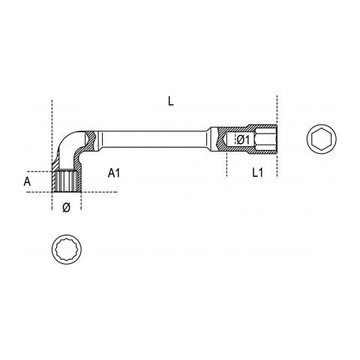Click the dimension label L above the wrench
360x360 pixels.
pyautogui.click(x=171, y=101)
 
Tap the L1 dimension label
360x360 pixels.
pyautogui.click(x=257, y=172)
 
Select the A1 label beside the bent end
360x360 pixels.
pyautogui.click(x=114, y=173)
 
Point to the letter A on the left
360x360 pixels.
pyautogui.click(x=27, y=181)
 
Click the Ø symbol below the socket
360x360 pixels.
pyautogui.click(x=66, y=208)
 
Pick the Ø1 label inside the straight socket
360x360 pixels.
pyautogui.click(x=243, y=139)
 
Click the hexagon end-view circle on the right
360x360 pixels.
pyautogui.click(x=322, y=139)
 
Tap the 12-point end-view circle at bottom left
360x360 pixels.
pyautogui.click(x=67, y=249)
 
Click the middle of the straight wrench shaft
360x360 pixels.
pyautogui.click(x=154, y=139)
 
